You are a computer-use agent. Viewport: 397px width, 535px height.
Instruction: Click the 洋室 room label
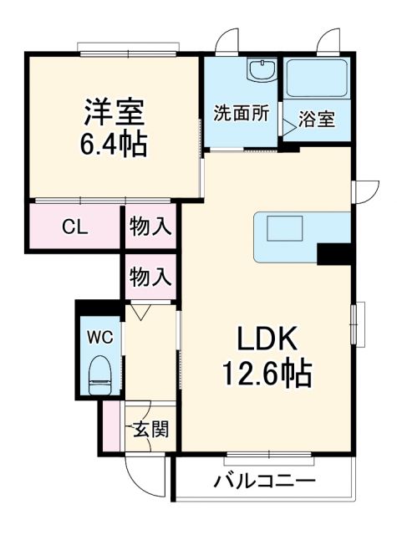(x=114, y=111)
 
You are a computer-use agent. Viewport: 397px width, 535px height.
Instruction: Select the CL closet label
(x=75, y=228)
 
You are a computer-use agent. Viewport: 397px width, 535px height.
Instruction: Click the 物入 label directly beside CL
(x=150, y=228)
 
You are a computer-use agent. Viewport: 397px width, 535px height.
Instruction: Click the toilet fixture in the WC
(x=99, y=373)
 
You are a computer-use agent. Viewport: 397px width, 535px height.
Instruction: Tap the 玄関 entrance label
(x=151, y=430)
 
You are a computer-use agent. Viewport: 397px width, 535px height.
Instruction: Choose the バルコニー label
(x=264, y=482)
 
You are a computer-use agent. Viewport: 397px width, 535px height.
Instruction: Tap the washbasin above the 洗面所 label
(x=262, y=70)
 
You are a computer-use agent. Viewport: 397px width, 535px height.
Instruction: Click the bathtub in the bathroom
(x=317, y=78)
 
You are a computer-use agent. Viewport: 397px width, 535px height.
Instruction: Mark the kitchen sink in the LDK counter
(x=286, y=227)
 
